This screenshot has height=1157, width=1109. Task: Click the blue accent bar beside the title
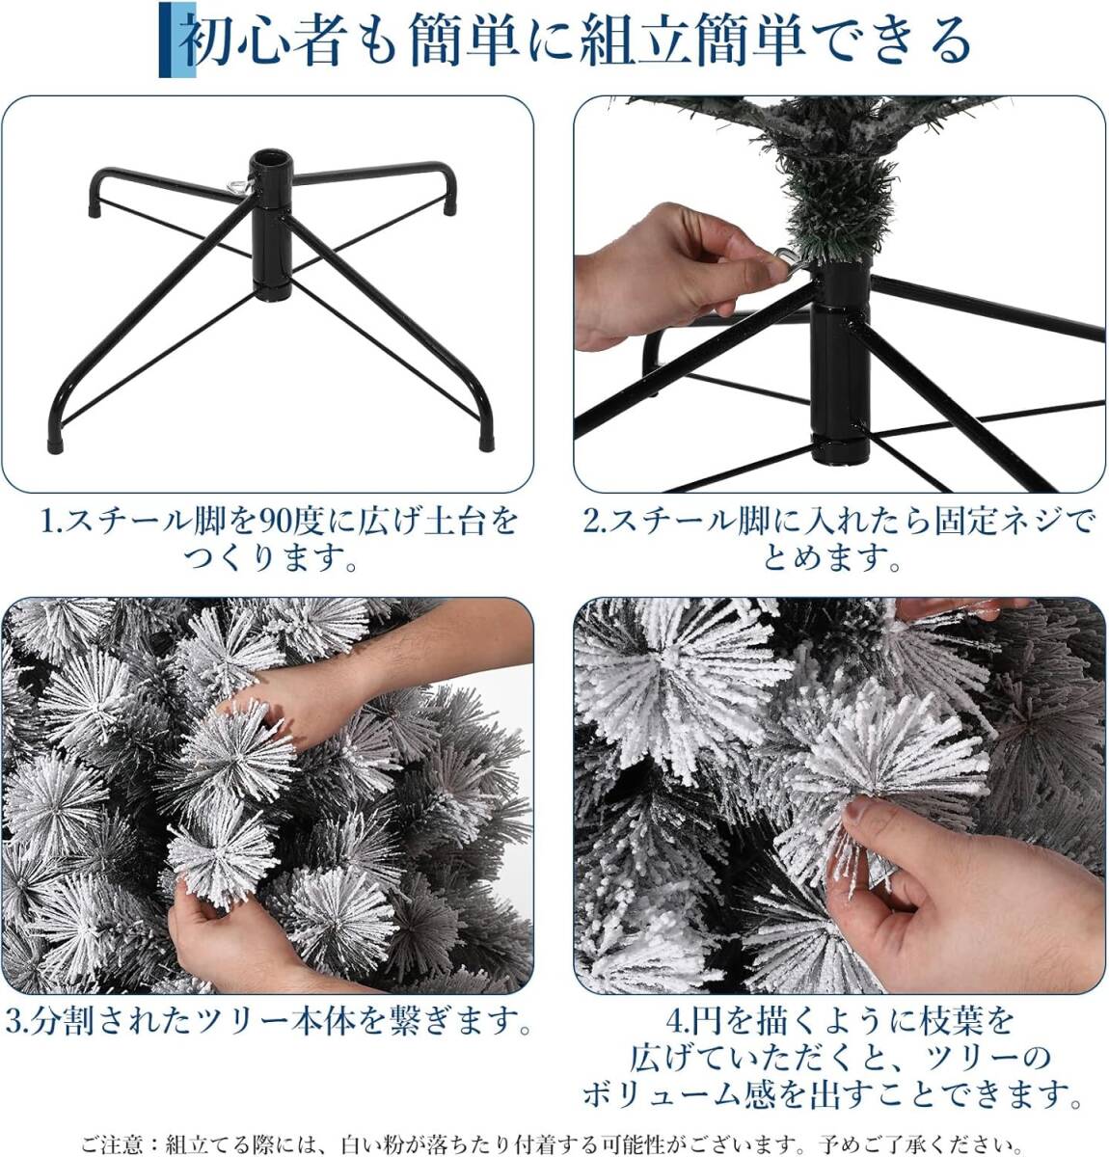[177, 40]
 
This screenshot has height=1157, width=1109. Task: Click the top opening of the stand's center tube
[272, 160]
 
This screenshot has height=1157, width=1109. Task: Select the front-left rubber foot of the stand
[55, 445]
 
